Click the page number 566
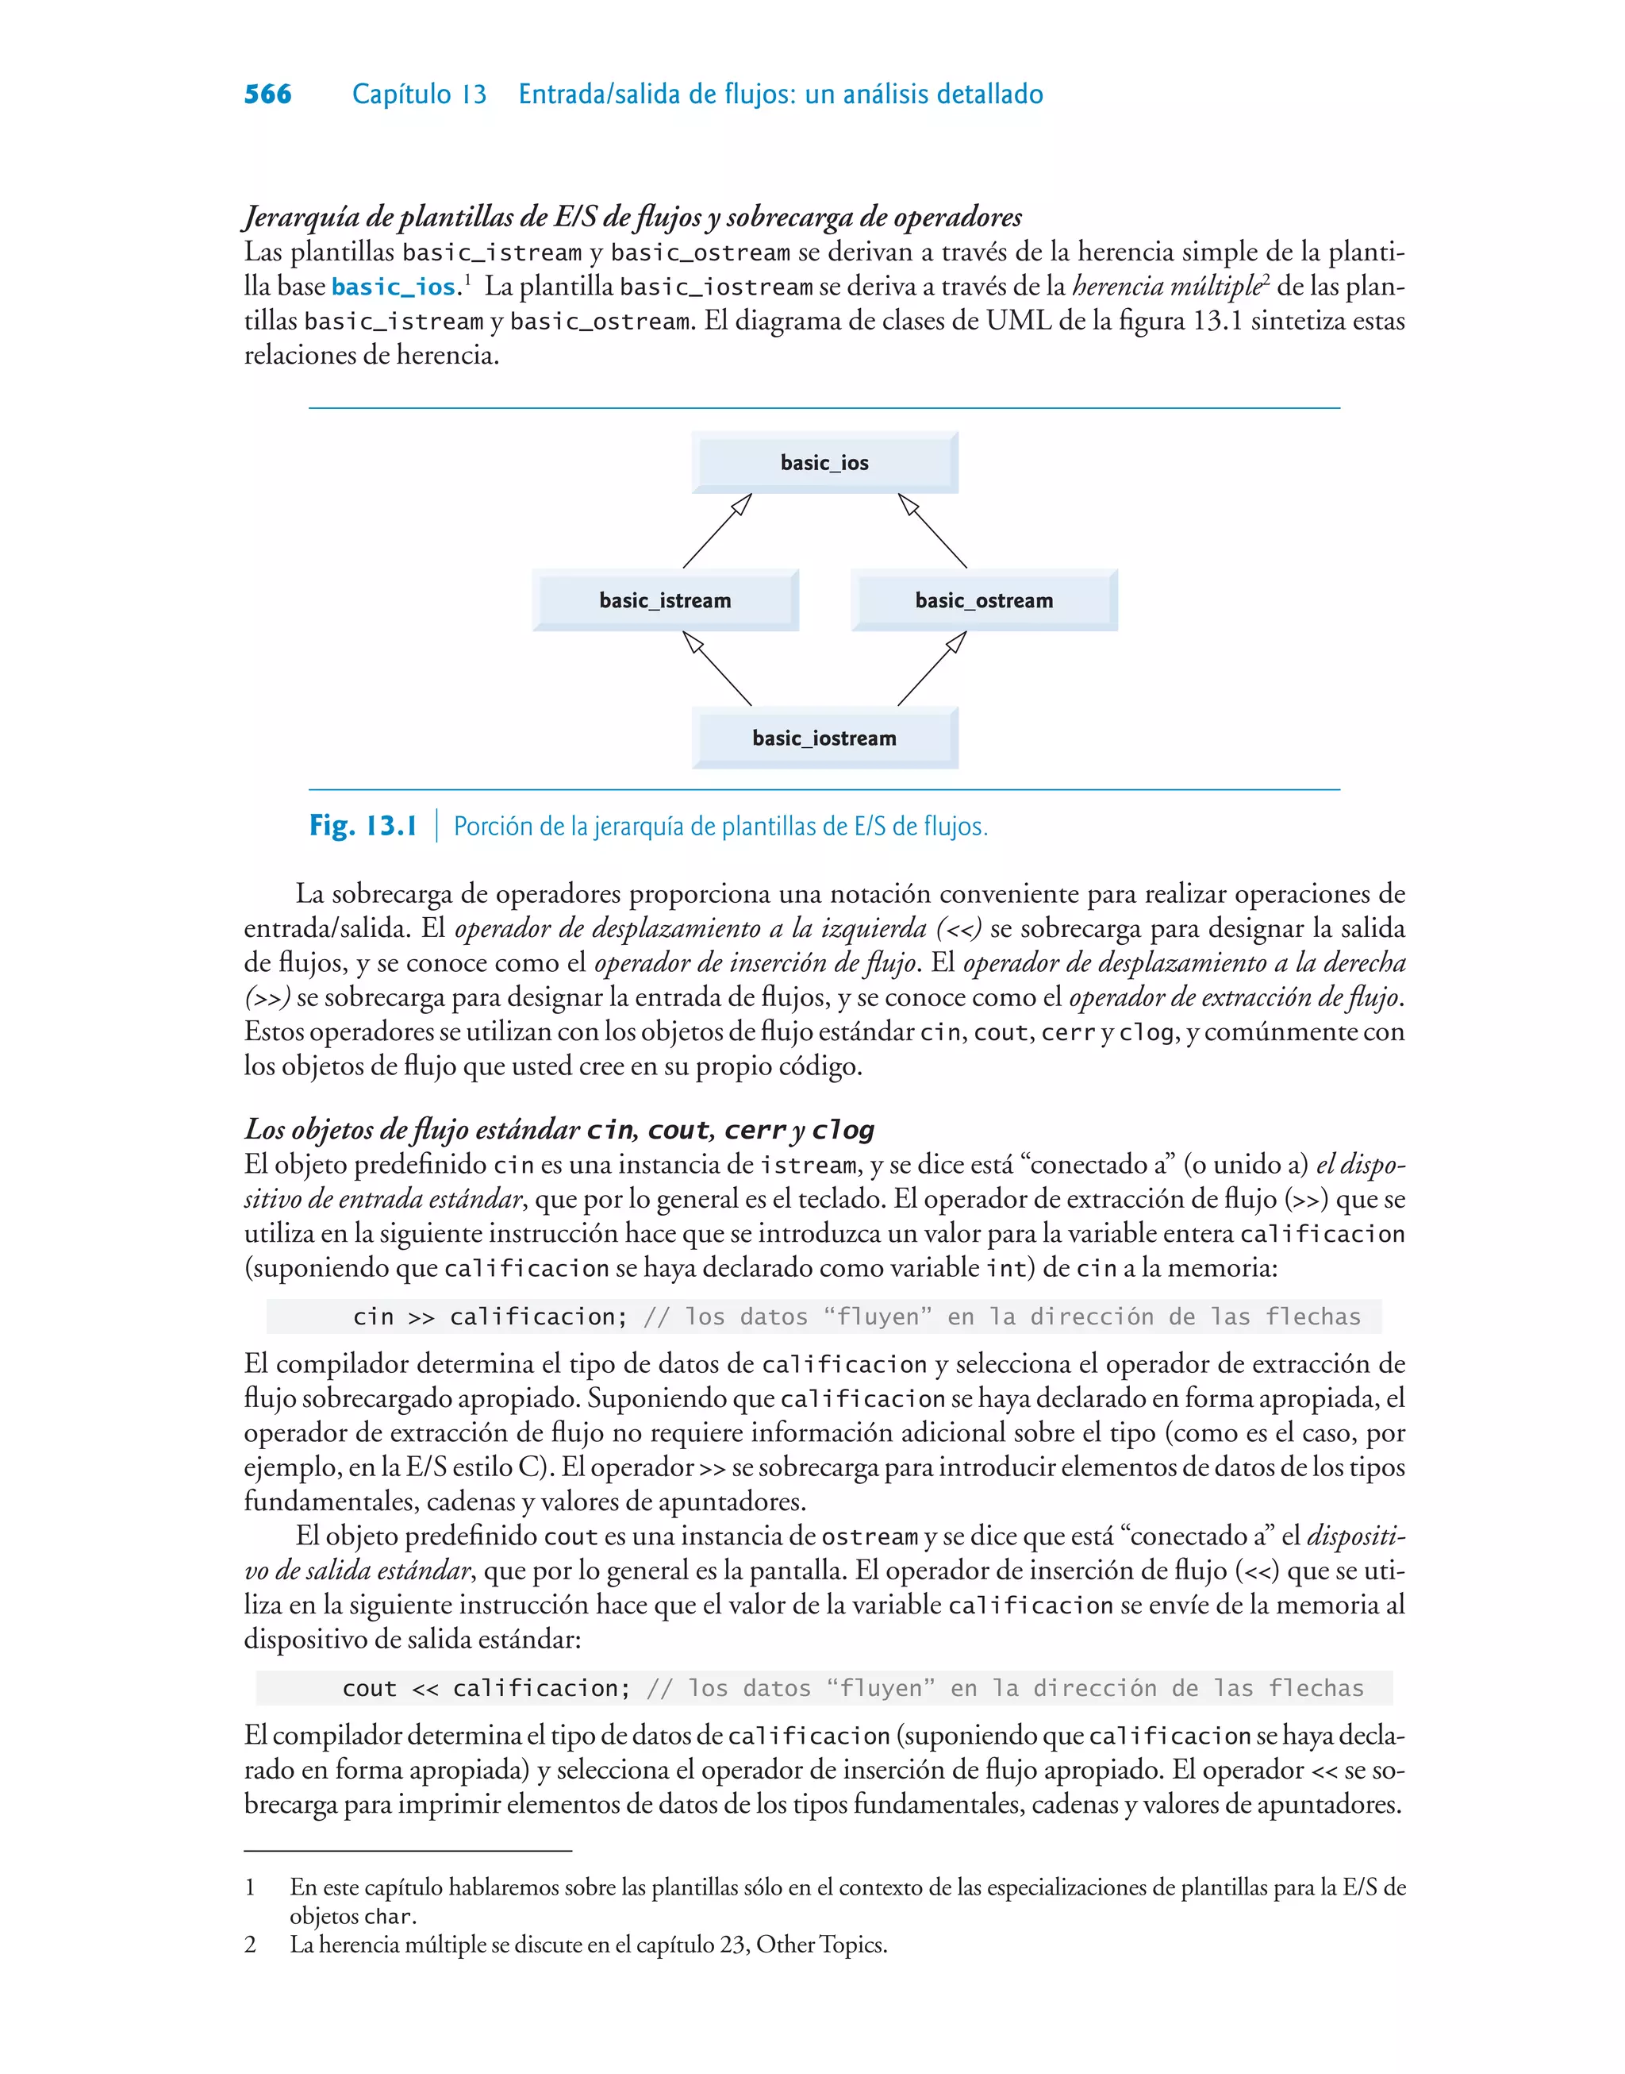pyautogui.click(x=267, y=94)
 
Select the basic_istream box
pyautogui.click(x=665, y=600)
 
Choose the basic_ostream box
pyautogui.click(x=984, y=600)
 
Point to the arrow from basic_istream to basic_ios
pyautogui.click(x=717, y=531)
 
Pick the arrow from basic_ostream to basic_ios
pyautogui.click(x=932, y=531)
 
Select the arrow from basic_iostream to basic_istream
pyautogui.click(x=717, y=669)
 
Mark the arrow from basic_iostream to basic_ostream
pyautogui.click(x=932, y=669)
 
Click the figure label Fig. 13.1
pyautogui.click(x=363, y=826)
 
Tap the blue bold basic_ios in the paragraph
pyautogui.click(x=393, y=287)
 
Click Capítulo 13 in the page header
pyautogui.click(x=419, y=94)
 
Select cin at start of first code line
pyautogui.click(x=373, y=1317)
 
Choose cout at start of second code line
pyautogui.click(x=369, y=1689)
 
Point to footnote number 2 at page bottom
pyautogui.click(x=250, y=1945)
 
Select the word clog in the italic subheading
pyautogui.click(x=843, y=1130)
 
